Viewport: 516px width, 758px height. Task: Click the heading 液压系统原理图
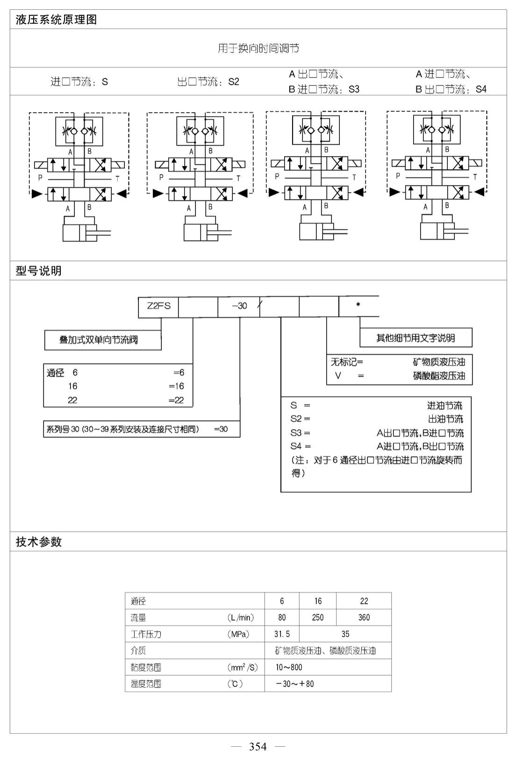(56, 20)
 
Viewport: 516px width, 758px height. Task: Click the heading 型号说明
(39, 271)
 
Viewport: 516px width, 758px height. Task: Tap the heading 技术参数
(39, 542)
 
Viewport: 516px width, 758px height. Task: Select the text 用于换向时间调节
(258, 49)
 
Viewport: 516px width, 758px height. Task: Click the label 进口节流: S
(79, 82)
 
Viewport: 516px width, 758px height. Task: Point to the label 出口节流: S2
(208, 82)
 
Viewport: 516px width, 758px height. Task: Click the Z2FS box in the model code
(158, 307)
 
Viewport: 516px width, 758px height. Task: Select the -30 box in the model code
(239, 307)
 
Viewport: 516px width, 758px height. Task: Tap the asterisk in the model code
(358, 305)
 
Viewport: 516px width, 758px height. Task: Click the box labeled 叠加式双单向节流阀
(103, 340)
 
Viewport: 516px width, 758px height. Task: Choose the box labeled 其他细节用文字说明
(416, 337)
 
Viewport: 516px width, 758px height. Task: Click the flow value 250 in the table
(318, 617)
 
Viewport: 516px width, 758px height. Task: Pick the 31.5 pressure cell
(282, 634)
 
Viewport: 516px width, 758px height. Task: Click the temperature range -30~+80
(295, 684)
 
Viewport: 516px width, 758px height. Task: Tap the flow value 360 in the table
(364, 617)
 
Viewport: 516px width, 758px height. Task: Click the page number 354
(258, 746)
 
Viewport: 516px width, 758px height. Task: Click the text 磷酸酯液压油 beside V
(439, 376)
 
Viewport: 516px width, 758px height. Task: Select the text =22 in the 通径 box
(176, 400)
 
